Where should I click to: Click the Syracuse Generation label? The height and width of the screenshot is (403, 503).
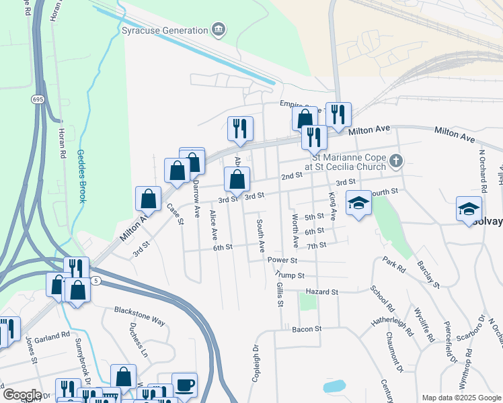coord(164,31)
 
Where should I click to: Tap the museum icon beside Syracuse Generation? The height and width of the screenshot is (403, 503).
coord(219,30)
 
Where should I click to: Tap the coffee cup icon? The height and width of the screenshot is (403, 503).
coord(184,385)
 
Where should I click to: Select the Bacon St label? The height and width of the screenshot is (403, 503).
coord(307,329)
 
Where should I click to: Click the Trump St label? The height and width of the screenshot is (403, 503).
coord(291,275)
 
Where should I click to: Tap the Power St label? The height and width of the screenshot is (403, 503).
coord(282,260)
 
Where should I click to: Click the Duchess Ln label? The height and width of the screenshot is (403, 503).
coord(138,343)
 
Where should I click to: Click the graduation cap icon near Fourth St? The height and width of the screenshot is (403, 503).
coord(358,202)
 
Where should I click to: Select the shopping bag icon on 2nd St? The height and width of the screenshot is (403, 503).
coord(237,179)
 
